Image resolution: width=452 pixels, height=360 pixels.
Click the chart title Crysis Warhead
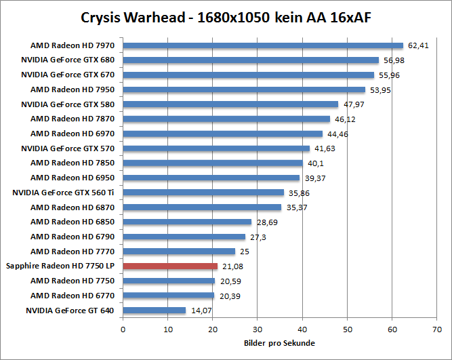(x=226, y=16)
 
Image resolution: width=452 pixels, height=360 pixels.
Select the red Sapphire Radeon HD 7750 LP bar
(x=170, y=266)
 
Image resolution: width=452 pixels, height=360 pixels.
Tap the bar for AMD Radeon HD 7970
(x=263, y=46)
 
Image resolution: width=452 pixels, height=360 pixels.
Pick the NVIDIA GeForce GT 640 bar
(x=155, y=311)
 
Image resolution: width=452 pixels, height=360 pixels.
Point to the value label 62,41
(x=417, y=46)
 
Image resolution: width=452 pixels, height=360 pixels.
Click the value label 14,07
(x=200, y=311)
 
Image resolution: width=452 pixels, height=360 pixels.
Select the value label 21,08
(x=232, y=266)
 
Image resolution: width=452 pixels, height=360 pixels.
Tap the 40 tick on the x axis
(x=302, y=329)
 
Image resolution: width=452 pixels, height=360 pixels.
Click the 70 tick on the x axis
(x=437, y=329)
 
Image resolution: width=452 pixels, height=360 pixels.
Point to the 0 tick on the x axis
(x=123, y=329)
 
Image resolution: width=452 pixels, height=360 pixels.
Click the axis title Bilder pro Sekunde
(x=279, y=343)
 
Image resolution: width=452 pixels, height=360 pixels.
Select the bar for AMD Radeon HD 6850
(x=187, y=222)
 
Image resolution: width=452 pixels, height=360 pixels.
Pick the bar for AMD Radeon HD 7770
(x=179, y=252)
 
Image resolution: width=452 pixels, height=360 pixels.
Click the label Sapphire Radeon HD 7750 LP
(x=60, y=266)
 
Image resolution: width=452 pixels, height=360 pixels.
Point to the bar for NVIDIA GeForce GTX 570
(x=216, y=148)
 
